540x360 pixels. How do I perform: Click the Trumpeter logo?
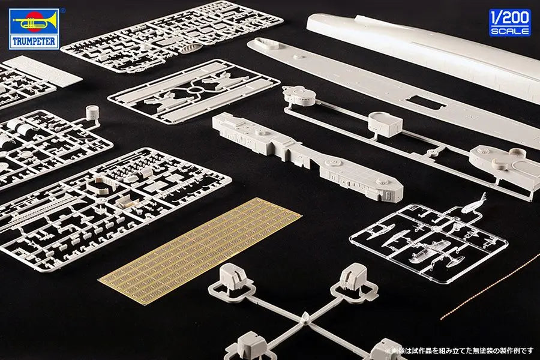pyautogui.click(x=34, y=29)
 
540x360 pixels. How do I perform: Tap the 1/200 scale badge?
pyautogui.click(x=509, y=22)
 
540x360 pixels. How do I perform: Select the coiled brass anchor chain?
pyautogui.click(x=490, y=286)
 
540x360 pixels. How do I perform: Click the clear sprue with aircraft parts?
pyautogui.click(x=428, y=239)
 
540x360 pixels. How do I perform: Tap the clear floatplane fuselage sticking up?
pyautogui.click(x=474, y=204)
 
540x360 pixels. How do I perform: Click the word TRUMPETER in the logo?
pyautogui.click(x=34, y=42)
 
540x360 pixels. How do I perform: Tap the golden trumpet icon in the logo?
pyautogui.click(x=34, y=22)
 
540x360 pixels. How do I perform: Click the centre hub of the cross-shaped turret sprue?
pyautogui.click(x=305, y=319)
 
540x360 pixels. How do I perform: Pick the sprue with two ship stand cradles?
pyautogui.click(x=194, y=91)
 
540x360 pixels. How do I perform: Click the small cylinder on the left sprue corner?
pyautogui.click(x=92, y=112)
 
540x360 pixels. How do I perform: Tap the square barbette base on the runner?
pyautogui.click(x=385, y=124)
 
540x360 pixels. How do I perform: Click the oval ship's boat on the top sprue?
pyautogui.click(x=190, y=49)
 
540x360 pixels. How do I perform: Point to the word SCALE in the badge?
pyautogui.click(x=509, y=31)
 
